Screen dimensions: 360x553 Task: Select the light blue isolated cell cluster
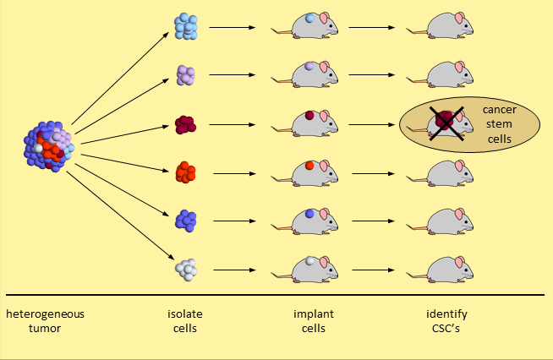tap(186, 27)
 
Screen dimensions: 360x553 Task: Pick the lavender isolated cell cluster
tap(186, 76)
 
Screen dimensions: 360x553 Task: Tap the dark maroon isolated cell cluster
tap(186, 125)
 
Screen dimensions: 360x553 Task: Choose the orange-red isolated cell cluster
tap(186, 173)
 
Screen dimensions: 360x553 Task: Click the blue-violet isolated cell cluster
tap(186, 221)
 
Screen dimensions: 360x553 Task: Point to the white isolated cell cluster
tap(186, 270)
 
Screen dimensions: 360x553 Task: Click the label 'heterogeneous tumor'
tap(46, 321)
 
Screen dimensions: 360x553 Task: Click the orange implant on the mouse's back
tap(309, 166)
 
